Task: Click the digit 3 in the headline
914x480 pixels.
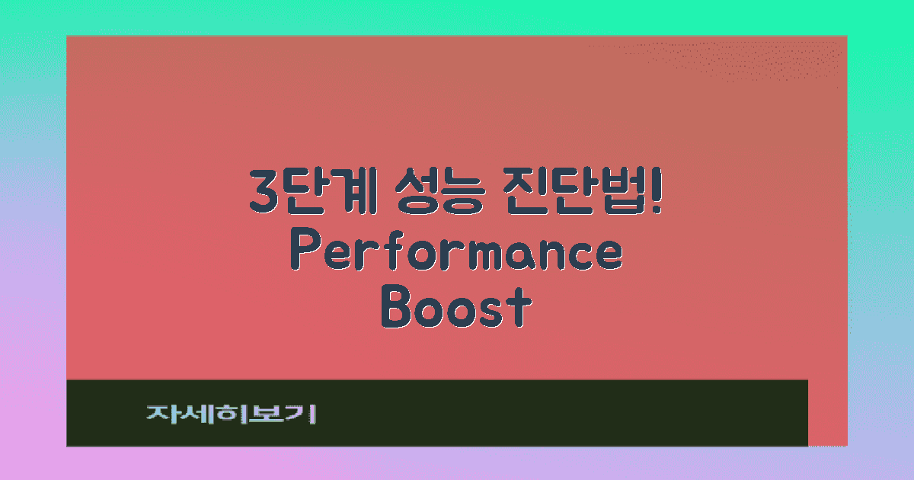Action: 263,193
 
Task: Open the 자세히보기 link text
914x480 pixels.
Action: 231,414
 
